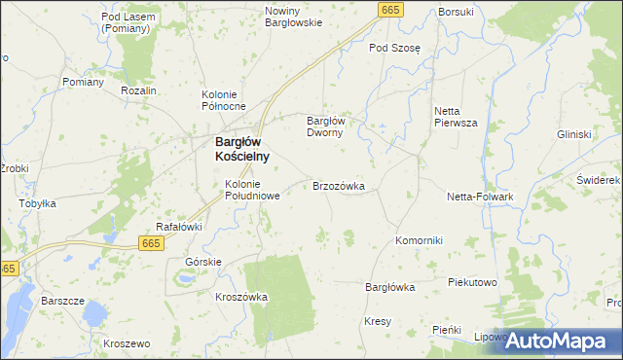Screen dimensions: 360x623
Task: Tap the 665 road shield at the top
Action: [x=389, y=10]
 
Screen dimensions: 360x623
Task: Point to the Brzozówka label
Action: [x=338, y=185]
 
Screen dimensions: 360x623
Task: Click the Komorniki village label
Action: [x=420, y=240]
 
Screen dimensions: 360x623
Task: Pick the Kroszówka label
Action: [x=241, y=297]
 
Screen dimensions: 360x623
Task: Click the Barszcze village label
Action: [x=62, y=301]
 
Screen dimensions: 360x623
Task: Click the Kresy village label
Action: [x=378, y=321]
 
